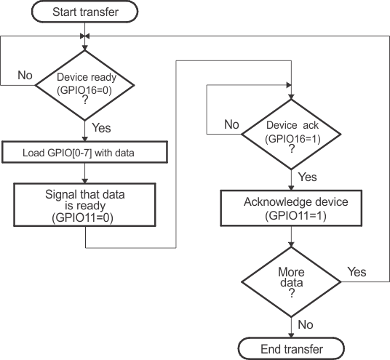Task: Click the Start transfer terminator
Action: pos(86,12)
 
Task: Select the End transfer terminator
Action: pos(291,349)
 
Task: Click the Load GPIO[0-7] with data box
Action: pos(86,152)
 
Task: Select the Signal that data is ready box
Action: pos(86,206)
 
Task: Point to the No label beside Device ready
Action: pos(24,74)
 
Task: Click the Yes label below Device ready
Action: pos(101,127)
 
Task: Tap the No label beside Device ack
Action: pos(231,124)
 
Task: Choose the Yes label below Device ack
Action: pos(308,177)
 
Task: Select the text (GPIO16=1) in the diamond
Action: pos(291,138)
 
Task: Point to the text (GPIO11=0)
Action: pos(86,217)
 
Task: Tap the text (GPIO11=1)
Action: pos(291,216)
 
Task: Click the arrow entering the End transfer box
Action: pos(291,332)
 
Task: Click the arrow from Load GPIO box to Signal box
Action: pos(86,173)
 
